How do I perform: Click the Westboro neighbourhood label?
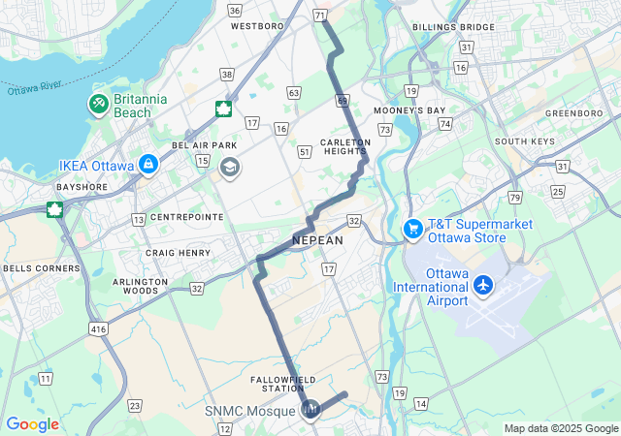(x=256, y=26)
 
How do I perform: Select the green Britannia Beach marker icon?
(x=99, y=104)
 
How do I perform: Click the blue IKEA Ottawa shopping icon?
(x=147, y=166)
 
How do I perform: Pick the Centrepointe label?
(x=180, y=217)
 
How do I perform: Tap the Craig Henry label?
(x=178, y=253)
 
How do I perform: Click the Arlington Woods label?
(x=142, y=286)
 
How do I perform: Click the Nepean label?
(x=317, y=240)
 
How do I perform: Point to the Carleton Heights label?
(x=345, y=146)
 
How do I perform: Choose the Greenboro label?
(x=573, y=112)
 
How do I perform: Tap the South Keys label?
(x=524, y=141)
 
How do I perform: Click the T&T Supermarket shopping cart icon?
(x=413, y=229)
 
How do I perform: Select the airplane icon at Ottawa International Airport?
(x=483, y=286)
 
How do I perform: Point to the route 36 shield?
(x=234, y=11)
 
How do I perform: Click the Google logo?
(x=32, y=424)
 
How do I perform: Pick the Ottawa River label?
(x=35, y=86)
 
